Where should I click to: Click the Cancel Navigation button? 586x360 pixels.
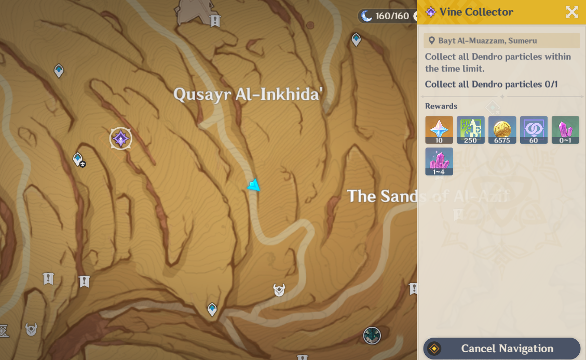click(x=502, y=349)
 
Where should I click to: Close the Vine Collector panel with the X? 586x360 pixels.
click(x=571, y=12)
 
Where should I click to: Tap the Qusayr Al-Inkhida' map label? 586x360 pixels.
click(x=248, y=94)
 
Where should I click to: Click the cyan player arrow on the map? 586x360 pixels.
click(x=254, y=185)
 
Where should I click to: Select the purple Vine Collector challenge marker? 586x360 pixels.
click(x=121, y=139)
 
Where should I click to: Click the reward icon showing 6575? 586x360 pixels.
click(x=502, y=130)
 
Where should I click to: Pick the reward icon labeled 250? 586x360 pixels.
click(x=470, y=130)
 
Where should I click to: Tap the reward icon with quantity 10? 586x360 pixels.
click(x=439, y=130)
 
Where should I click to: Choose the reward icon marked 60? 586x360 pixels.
click(x=534, y=130)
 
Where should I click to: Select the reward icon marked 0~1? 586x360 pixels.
click(x=565, y=130)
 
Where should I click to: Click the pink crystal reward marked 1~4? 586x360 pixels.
click(x=439, y=162)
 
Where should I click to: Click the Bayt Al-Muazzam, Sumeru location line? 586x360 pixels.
click(x=487, y=41)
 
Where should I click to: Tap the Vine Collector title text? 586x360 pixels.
click(x=476, y=12)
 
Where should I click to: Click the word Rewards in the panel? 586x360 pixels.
click(x=441, y=106)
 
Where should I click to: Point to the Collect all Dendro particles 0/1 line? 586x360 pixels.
click(x=491, y=84)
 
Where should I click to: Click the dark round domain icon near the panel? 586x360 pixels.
click(x=372, y=336)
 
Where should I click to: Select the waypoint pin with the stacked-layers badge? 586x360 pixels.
click(x=78, y=159)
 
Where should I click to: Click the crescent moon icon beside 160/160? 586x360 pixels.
click(x=367, y=16)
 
